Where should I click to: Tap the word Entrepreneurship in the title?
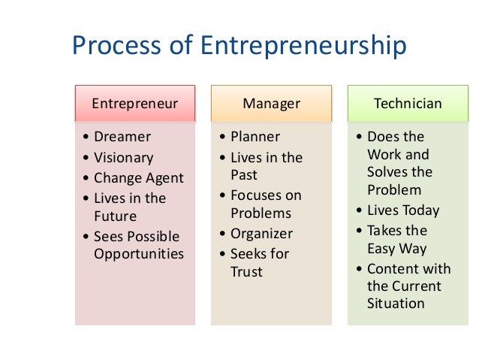tap(303, 47)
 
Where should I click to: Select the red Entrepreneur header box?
tap(134, 103)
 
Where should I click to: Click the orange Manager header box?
tap(271, 103)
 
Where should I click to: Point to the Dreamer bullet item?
tap(122, 137)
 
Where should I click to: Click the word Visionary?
tap(123, 158)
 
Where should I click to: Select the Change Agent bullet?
tap(138, 178)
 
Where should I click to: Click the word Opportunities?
tap(138, 253)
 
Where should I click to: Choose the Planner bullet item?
tap(255, 137)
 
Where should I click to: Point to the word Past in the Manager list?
tap(244, 176)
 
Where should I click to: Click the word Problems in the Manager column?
tap(261, 213)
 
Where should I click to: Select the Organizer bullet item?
tap(261, 233)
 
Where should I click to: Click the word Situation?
tap(396, 304)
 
